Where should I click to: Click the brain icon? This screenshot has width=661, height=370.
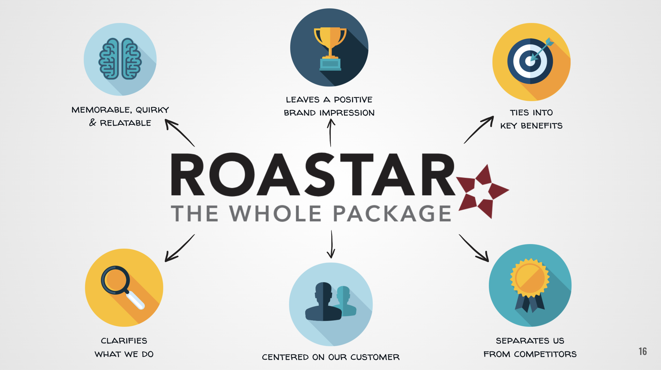click(x=120, y=59)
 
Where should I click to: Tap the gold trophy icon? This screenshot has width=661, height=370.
click(x=330, y=48)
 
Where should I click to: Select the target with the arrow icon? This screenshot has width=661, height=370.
click(x=530, y=61)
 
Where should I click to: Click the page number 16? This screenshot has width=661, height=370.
click(x=643, y=351)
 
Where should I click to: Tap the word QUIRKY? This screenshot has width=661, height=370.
click(x=152, y=110)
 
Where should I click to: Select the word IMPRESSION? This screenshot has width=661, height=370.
click(x=347, y=113)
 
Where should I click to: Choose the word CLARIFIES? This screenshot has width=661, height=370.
click(x=124, y=341)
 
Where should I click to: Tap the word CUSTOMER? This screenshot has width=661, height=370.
click(x=375, y=357)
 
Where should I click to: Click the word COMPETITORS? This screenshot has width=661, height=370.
click(x=545, y=354)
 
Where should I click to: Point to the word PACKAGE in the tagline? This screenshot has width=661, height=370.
click(x=392, y=214)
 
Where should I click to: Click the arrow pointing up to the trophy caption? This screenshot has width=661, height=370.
click(x=331, y=133)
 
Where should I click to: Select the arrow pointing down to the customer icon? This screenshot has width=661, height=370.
click(x=331, y=244)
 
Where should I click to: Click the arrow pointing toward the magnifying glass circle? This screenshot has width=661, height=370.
click(x=179, y=248)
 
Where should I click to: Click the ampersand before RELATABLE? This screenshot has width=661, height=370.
click(x=93, y=122)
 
